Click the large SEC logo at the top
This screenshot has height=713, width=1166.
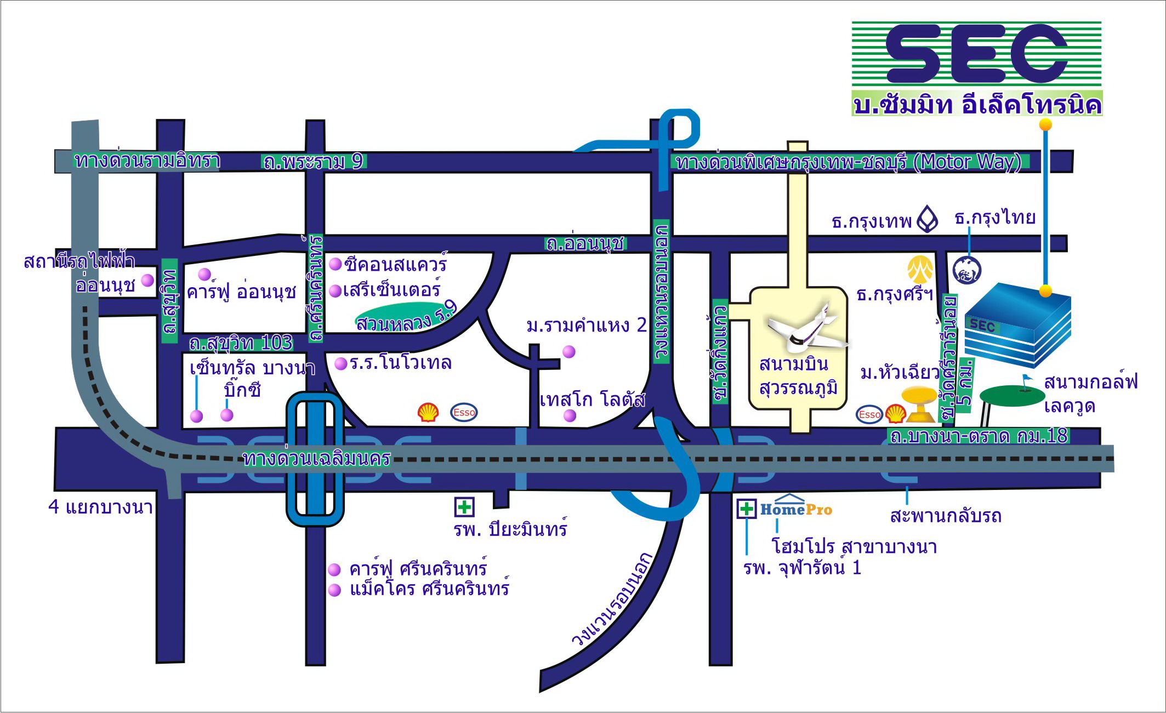(977, 53)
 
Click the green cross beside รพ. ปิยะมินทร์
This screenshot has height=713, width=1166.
(464, 507)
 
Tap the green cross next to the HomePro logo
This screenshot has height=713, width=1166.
(747, 509)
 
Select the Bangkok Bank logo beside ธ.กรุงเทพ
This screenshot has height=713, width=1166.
(928, 219)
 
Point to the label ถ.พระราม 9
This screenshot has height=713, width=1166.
(313, 162)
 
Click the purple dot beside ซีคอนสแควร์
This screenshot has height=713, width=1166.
(335, 265)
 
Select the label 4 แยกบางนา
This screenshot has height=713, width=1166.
(100, 507)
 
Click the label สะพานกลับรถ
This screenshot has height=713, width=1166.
(946, 516)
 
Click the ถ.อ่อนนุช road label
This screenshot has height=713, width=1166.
(585, 243)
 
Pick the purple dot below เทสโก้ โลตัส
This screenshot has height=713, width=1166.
(570, 416)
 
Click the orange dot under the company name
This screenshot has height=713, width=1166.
(1045, 124)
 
